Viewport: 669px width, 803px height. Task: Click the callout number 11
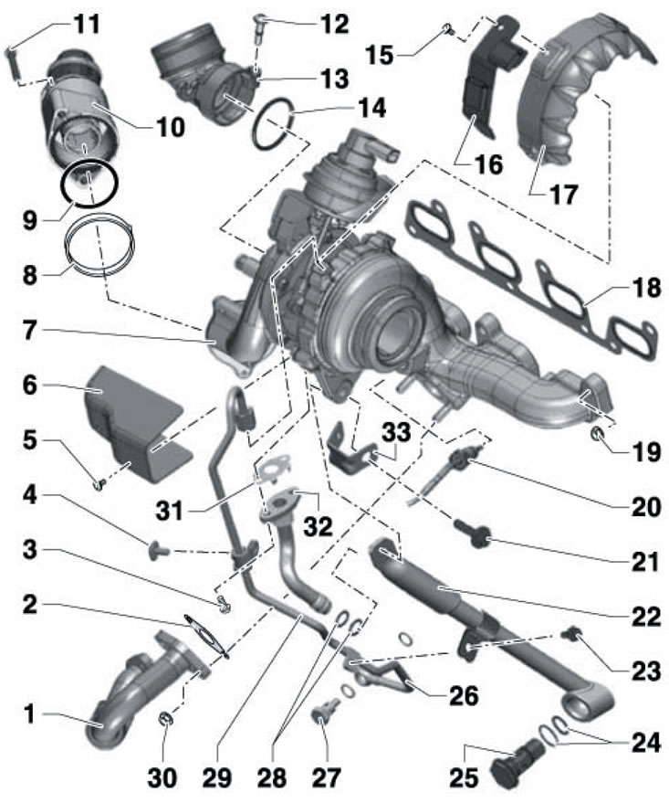click(88, 24)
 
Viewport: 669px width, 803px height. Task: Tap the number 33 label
click(396, 432)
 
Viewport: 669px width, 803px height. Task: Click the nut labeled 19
click(598, 435)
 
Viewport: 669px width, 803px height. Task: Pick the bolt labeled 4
click(158, 551)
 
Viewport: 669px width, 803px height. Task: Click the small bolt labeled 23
click(570, 635)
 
